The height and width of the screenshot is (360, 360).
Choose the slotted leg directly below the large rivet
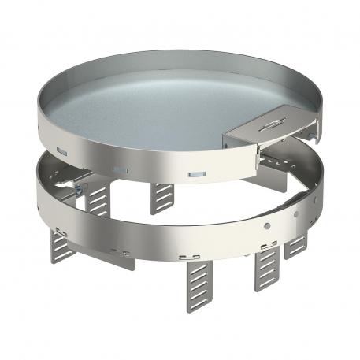[266, 270]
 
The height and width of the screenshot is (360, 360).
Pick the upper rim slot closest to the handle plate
[195, 173]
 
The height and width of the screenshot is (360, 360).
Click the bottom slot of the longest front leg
[199, 302]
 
